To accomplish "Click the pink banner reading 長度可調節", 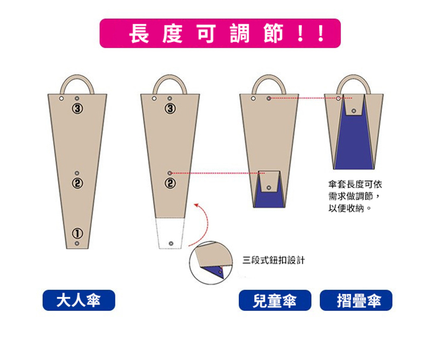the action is click(x=220, y=33).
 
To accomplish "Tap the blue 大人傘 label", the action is click(x=79, y=300).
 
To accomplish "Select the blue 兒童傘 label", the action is click(x=275, y=300).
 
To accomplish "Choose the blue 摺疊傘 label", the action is click(x=356, y=300).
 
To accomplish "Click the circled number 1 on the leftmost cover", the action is click(x=77, y=233).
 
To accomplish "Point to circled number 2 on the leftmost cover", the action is click(x=77, y=183).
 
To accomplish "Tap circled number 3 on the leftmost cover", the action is click(x=77, y=108).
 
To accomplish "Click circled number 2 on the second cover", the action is click(x=170, y=183).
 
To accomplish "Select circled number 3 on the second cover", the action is click(x=170, y=108).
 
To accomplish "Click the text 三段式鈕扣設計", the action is click(x=274, y=260).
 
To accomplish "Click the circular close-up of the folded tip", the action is click(x=211, y=263).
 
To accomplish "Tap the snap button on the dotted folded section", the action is click(x=171, y=243).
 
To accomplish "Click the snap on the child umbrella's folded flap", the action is click(x=269, y=188).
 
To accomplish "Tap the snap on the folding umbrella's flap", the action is click(x=354, y=111).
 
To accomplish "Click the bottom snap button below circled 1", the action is click(x=77, y=243).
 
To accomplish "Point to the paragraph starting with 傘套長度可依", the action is click(x=355, y=196).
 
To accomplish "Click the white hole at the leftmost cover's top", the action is click(x=61, y=98).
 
